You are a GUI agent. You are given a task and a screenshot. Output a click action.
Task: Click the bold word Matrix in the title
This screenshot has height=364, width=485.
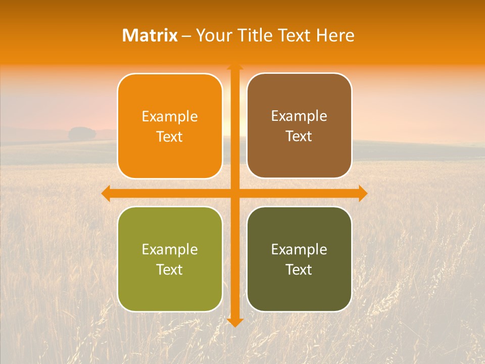[150, 35]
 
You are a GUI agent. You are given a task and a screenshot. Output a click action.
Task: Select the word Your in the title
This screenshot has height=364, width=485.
[213, 35]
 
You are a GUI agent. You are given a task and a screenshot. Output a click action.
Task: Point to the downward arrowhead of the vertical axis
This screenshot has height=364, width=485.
[235, 322]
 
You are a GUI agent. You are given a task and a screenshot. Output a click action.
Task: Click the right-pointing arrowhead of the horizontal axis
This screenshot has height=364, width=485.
[363, 193]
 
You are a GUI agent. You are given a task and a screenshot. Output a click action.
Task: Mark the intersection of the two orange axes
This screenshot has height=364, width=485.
[235, 193]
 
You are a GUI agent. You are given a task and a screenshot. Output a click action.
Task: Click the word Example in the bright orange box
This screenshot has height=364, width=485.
[170, 117]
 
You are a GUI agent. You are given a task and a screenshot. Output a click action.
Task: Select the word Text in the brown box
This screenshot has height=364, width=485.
[299, 136]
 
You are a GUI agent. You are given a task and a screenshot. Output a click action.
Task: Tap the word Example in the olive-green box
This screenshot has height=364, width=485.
[170, 250]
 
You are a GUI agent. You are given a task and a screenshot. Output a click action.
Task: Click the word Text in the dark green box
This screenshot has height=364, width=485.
[299, 269]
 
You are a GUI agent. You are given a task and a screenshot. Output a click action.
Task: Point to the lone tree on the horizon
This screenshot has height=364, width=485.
[82, 134]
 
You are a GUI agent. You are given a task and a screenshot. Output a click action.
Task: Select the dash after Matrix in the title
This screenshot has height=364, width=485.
[186, 36]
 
